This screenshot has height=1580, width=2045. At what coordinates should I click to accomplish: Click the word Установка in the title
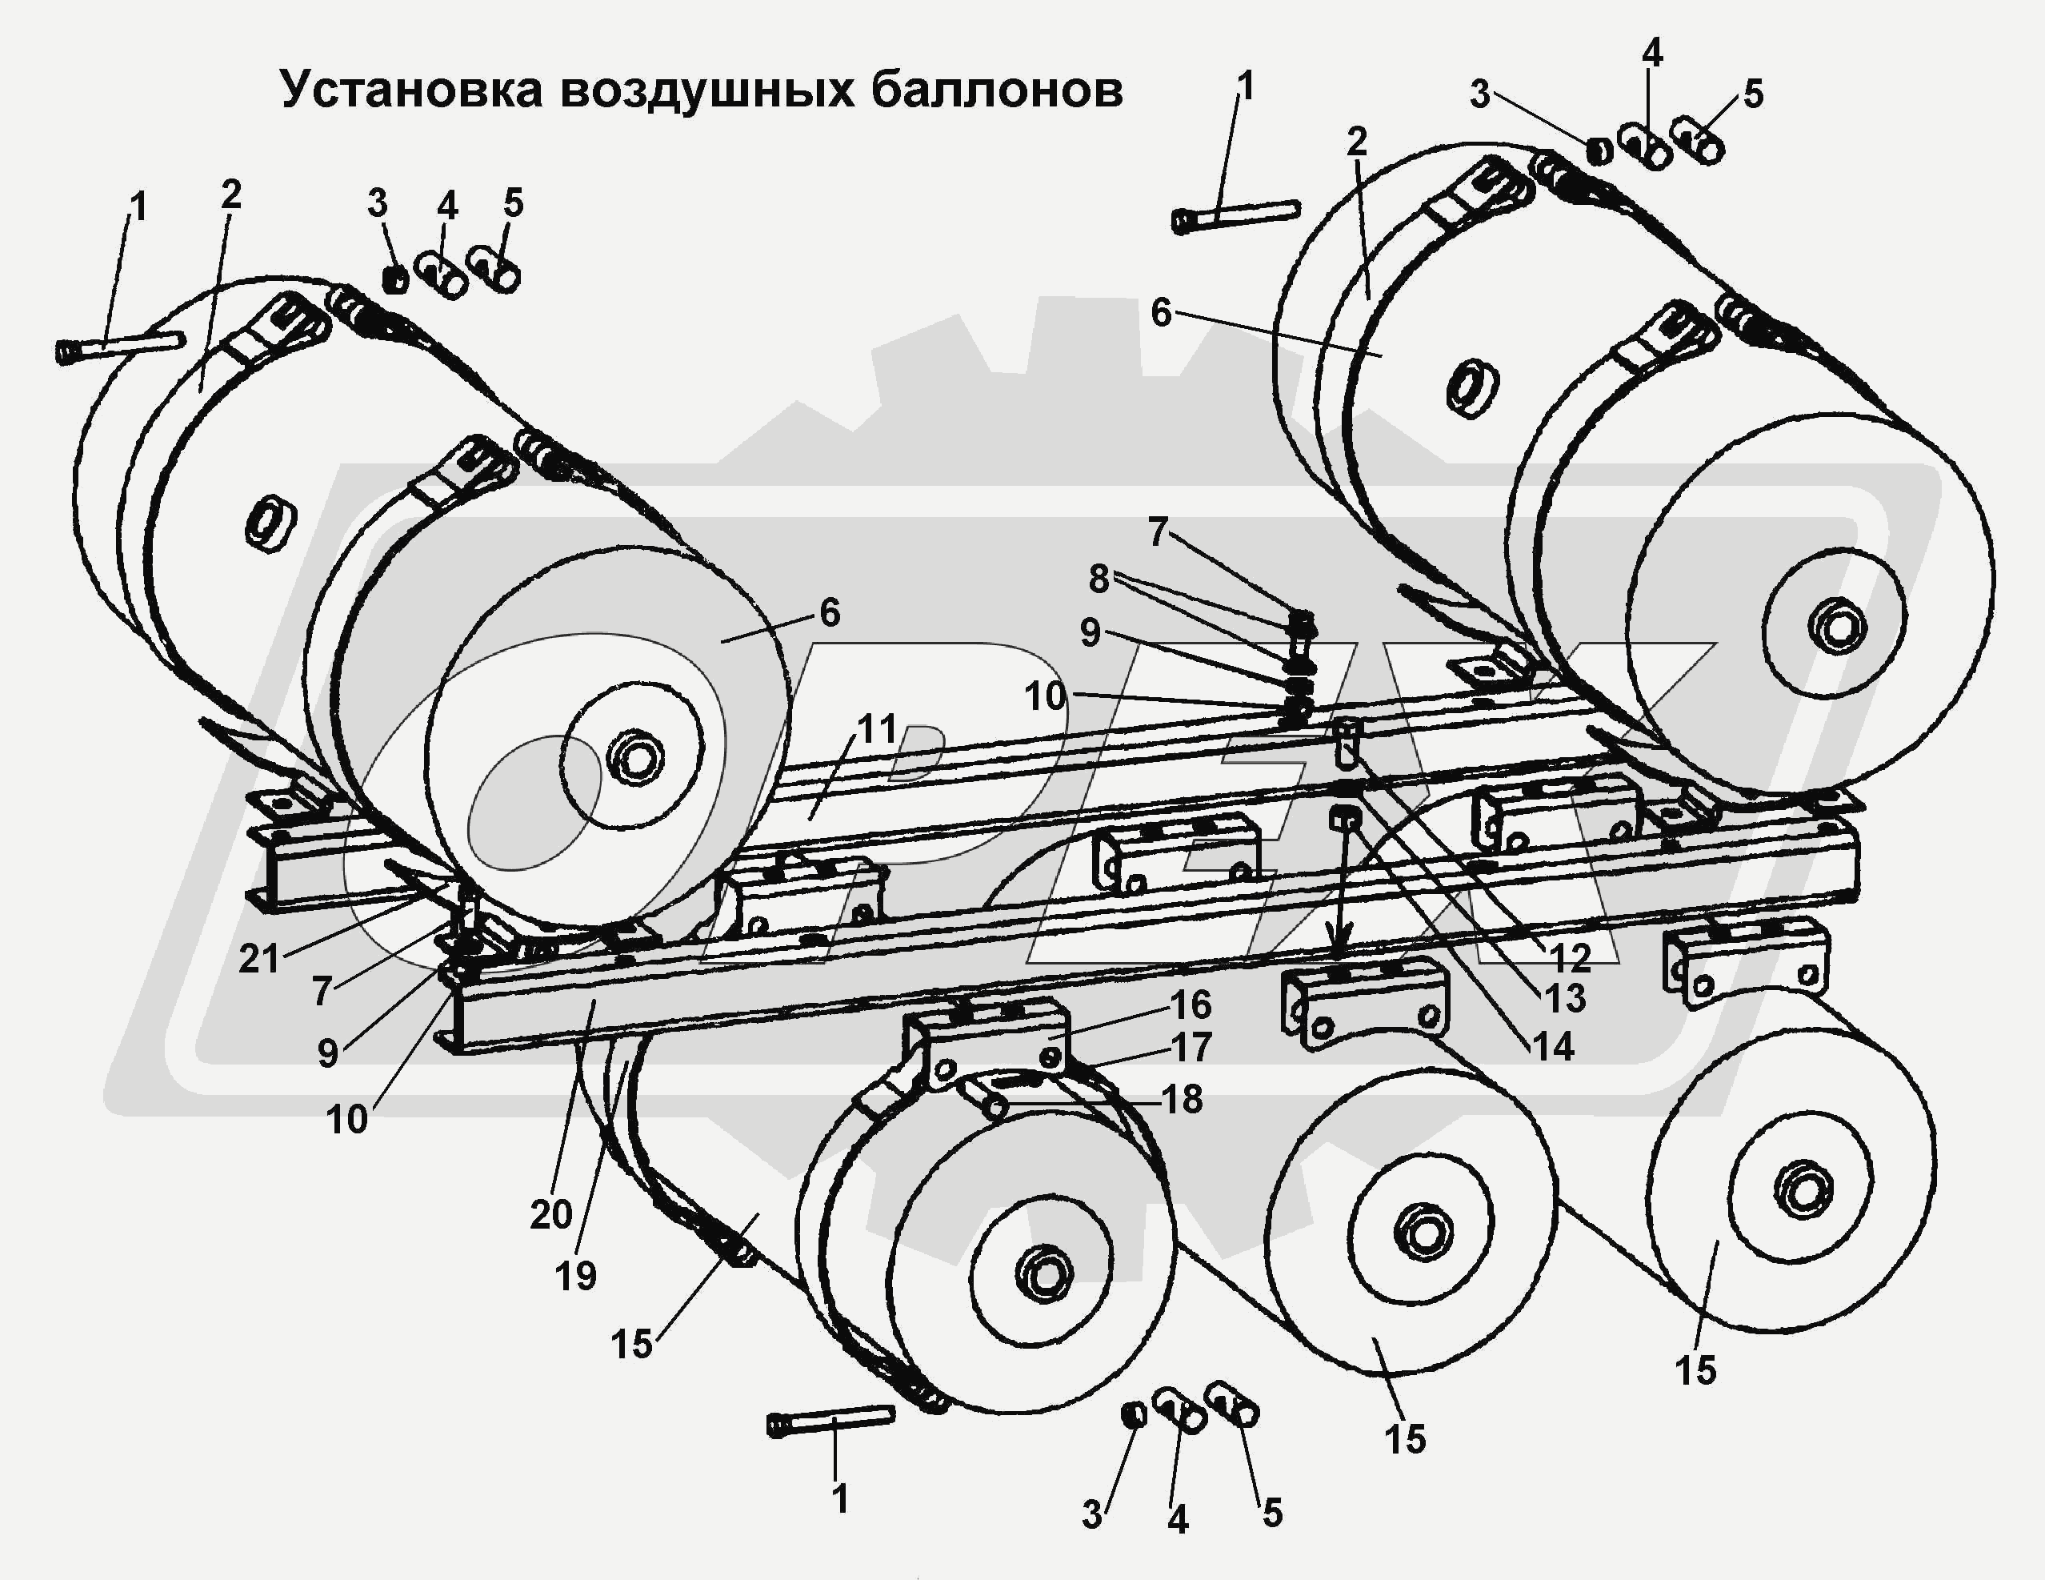[x=411, y=91]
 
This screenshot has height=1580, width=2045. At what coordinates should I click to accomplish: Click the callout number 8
[x=1099, y=579]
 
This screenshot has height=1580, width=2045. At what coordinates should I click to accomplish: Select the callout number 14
[x=1552, y=1046]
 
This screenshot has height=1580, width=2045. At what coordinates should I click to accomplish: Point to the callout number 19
[x=575, y=1275]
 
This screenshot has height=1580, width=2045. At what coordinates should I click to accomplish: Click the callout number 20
[x=550, y=1215]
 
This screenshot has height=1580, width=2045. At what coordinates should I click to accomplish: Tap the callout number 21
[x=259, y=958]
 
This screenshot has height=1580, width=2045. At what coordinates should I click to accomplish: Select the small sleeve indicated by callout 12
[x=1347, y=740]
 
